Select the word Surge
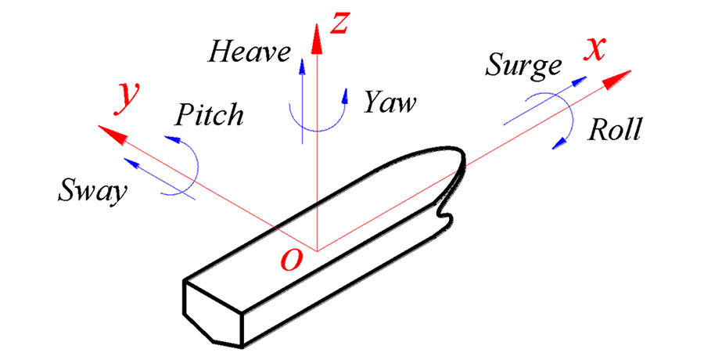click(523, 64)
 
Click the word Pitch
click(208, 115)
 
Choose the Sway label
click(92, 190)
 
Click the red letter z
click(338, 23)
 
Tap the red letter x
click(596, 49)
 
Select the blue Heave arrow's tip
click(302, 59)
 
